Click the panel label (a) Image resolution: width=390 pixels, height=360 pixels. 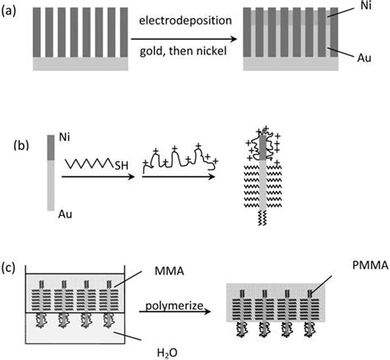12,12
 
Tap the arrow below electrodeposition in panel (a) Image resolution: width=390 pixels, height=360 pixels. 197,35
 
